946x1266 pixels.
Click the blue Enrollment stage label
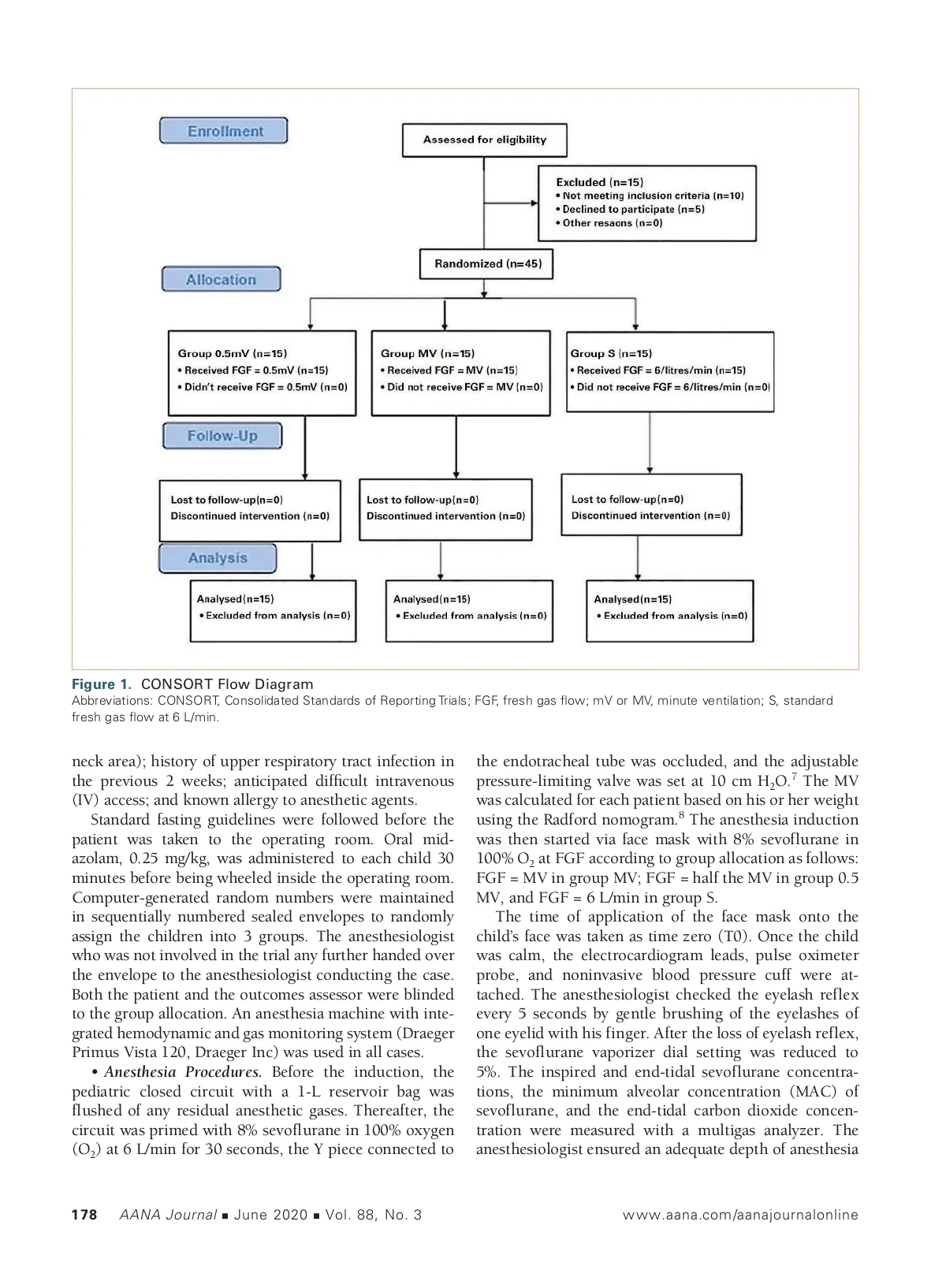224,131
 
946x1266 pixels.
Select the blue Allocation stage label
221,280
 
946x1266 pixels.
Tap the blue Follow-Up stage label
222,436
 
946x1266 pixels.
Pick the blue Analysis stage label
218,558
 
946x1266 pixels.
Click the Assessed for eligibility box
484,140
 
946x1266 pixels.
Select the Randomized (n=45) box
487,264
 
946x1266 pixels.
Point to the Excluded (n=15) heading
599,182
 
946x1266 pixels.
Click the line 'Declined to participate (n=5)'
633,210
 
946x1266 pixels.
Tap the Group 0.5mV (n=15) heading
232,354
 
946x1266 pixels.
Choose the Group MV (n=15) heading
427,354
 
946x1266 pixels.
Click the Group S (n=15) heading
611,354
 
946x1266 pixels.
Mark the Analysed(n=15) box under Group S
670,610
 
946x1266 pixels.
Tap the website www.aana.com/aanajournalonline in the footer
739,1215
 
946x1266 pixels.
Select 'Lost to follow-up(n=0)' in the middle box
422,500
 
